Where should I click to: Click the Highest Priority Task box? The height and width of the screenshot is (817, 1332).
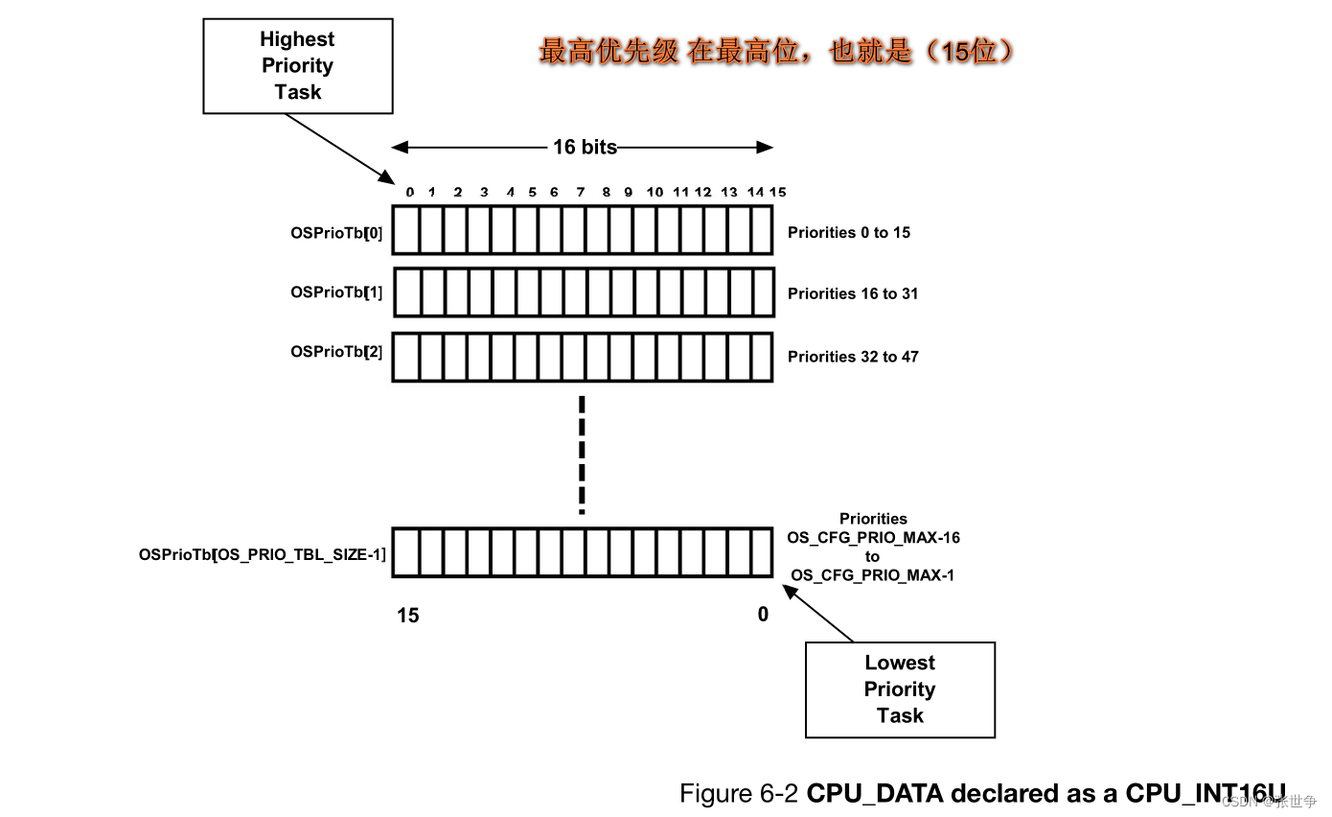pos(297,65)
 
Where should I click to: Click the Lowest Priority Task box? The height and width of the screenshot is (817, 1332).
pos(899,689)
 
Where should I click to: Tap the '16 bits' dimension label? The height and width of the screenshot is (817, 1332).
pos(585,147)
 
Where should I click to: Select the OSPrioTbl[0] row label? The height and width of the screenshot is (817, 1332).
pos(336,232)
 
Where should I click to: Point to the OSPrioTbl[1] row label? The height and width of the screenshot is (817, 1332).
pos(336,292)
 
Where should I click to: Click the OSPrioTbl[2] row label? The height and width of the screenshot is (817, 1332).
pos(336,352)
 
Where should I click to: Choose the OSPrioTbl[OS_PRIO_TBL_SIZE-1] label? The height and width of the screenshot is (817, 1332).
pos(263,554)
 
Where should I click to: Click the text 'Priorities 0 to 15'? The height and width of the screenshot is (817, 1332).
pos(849,232)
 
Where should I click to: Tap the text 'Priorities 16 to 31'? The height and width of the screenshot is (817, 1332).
pos(853,293)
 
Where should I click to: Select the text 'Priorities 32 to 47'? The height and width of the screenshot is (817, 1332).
pos(853,357)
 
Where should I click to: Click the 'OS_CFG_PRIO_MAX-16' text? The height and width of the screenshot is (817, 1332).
pos(873,538)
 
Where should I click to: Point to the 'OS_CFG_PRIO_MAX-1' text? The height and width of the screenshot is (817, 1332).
pos(872,575)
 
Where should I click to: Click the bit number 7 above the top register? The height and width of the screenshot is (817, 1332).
pos(581,193)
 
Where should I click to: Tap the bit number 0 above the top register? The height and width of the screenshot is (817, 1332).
pos(410,193)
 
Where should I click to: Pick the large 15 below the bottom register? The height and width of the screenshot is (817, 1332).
pos(408,616)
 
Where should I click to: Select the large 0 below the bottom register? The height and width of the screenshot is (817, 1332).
pos(763,615)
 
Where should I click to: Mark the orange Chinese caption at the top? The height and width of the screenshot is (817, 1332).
pos(776,51)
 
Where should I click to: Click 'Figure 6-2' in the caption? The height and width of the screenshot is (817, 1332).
pos(739,794)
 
